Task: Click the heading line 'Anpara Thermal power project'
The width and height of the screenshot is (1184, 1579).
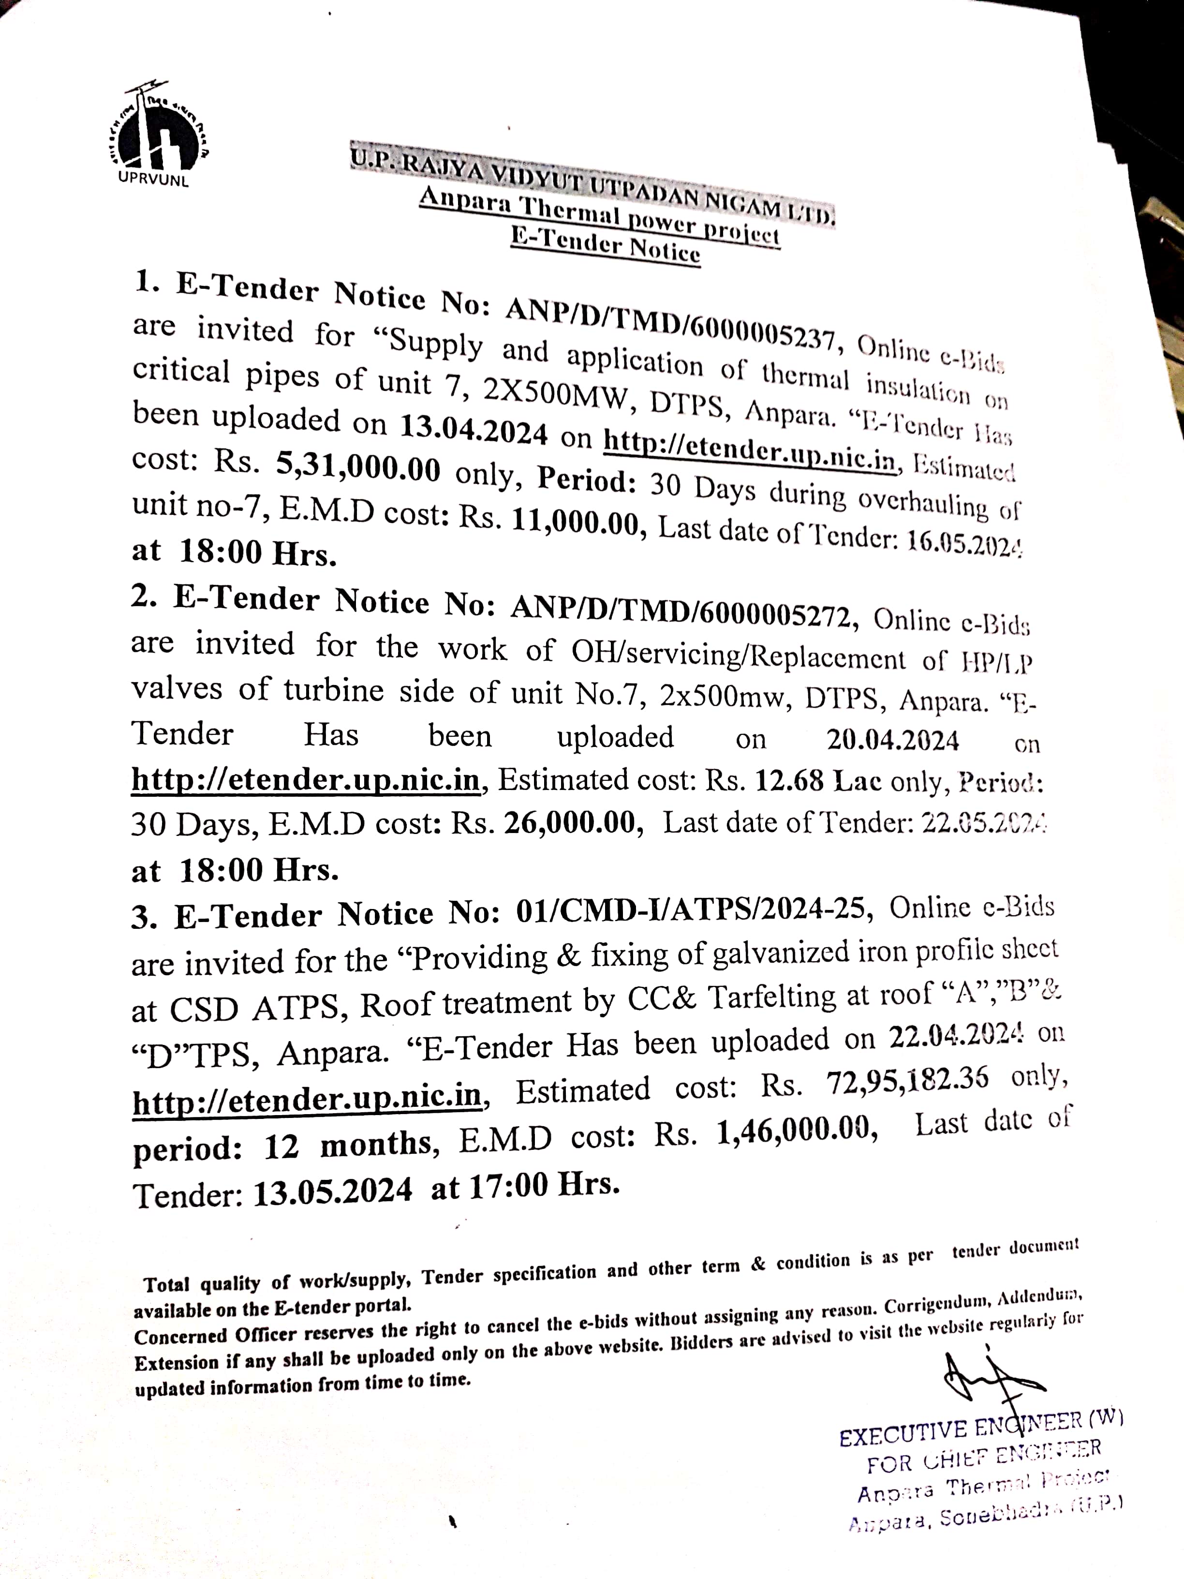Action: pyautogui.click(x=599, y=216)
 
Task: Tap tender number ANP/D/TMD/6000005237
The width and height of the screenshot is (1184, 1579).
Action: pyautogui.click(x=669, y=321)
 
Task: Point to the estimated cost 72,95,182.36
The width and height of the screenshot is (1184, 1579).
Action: pyautogui.click(x=908, y=1083)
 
